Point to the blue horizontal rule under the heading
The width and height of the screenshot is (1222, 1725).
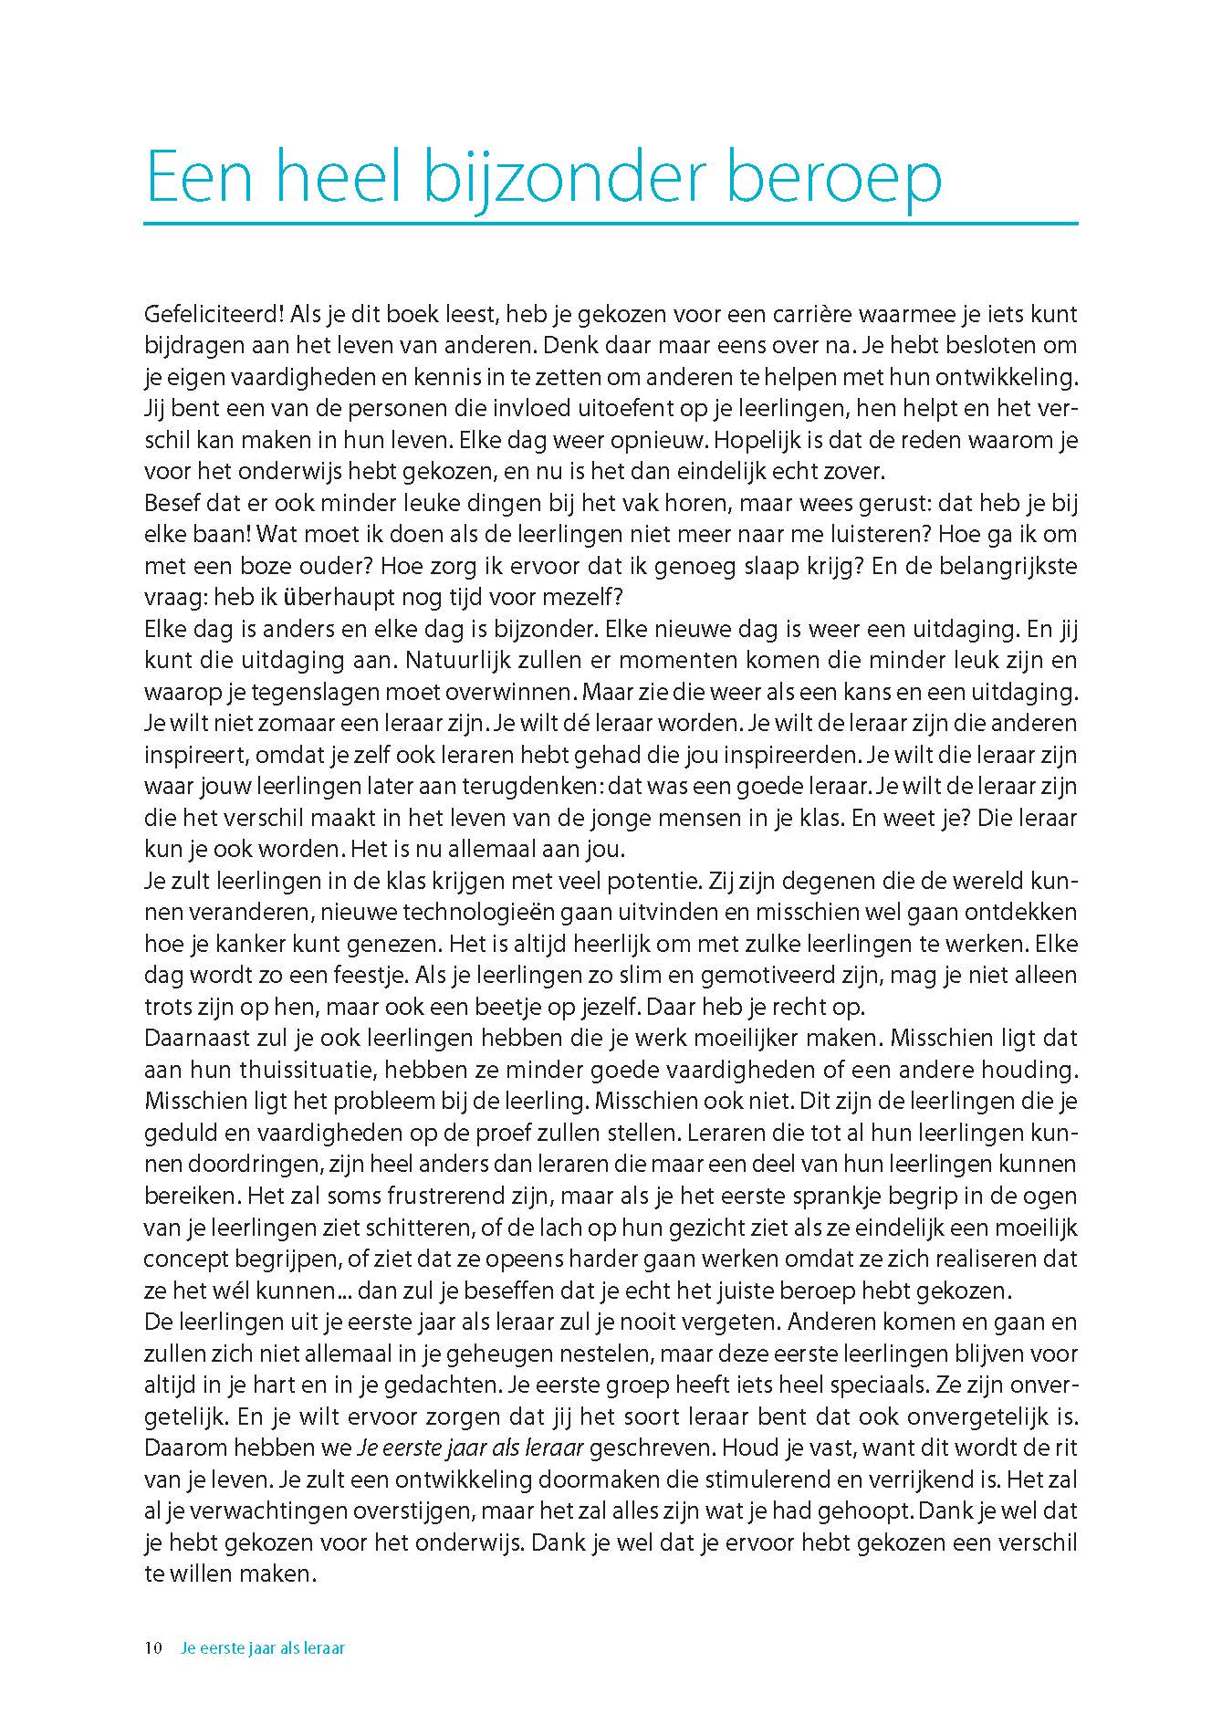click(611, 223)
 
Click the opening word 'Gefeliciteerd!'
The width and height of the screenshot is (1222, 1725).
click(205, 315)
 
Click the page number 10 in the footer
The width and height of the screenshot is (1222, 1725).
click(153, 1649)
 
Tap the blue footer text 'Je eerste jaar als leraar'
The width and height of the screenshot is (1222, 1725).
click(264, 1649)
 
